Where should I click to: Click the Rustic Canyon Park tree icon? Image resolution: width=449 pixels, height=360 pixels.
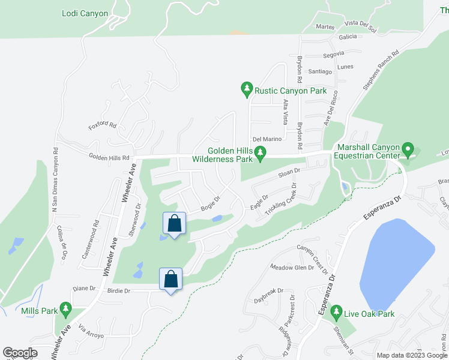tap(246, 90)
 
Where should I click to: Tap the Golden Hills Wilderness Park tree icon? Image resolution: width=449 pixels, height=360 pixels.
tap(260, 155)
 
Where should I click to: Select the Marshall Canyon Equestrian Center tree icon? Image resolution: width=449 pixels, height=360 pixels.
tap(408, 147)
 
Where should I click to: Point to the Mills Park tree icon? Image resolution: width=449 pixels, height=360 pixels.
tap(66, 311)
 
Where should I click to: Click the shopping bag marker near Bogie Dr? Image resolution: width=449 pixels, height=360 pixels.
tap(173, 224)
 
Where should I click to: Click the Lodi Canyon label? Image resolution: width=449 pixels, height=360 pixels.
tap(85, 13)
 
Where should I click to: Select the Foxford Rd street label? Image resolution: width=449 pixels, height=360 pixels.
tap(102, 126)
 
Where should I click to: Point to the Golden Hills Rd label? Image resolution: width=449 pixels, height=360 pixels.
tap(109, 158)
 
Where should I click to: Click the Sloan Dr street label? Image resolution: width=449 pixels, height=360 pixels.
tap(288, 173)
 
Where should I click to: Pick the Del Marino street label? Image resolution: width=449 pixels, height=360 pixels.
tap(267, 139)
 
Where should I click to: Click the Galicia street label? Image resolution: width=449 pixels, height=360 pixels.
tap(348, 37)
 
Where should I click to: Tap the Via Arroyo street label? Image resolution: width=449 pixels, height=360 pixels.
tap(91, 332)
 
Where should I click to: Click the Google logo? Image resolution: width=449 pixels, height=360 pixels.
tap(20, 353)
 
